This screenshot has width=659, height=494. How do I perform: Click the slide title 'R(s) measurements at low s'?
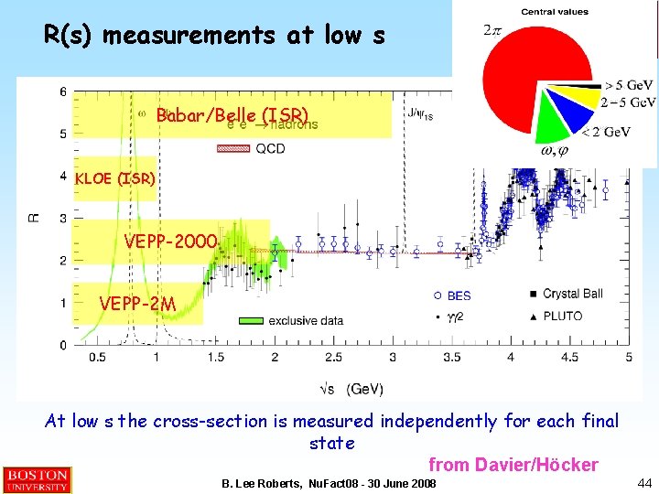pyautogui.click(x=214, y=36)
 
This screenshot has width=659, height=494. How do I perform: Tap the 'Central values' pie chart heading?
pyautogui.click(x=555, y=12)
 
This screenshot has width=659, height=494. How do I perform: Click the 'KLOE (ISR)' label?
pyautogui.click(x=114, y=178)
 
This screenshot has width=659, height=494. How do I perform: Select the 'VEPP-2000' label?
pyautogui.click(x=172, y=242)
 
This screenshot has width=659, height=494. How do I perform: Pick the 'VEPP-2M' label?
pyautogui.click(x=137, y=303)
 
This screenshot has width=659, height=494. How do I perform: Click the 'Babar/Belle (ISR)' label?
pyautogui.click(x=232, y=116)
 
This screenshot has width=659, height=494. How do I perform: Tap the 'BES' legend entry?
pyautogui.click(x=459, y=295)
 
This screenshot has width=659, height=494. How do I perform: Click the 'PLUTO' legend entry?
pyautogui.click(x=562, y=316)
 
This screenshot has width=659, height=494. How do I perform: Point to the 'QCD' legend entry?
pyautogui.click(x=270, y=148)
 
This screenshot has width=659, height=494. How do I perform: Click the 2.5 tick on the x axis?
pyautogui.click(x=333, y=357)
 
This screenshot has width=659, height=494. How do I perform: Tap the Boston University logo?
pyautogui.click(x=37, y=480)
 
